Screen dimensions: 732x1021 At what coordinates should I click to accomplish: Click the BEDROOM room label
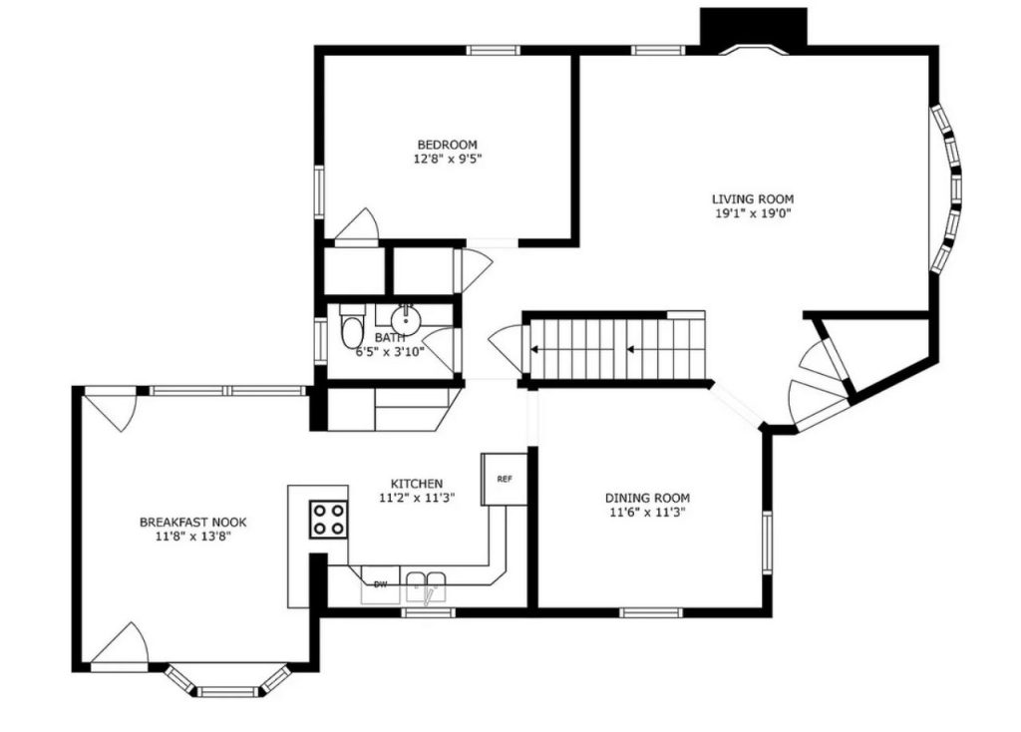click(446, 145)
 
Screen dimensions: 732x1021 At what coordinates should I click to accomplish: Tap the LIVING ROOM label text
click(752, 198)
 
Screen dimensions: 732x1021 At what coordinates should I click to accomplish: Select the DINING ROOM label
click(647, 498)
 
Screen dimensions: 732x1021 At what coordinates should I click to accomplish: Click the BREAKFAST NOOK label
click(192, 522)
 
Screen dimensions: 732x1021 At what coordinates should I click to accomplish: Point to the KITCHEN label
click(417, 484)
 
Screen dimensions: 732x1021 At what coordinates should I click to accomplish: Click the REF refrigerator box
click(505, 479)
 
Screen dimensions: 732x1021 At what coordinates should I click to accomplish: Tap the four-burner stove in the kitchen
click(328, 519)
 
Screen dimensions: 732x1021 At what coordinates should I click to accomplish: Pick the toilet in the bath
click(351, 327)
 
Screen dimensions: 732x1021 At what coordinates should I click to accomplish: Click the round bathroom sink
click(406, 320)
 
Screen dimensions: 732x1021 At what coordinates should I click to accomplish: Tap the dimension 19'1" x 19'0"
click(752, 212)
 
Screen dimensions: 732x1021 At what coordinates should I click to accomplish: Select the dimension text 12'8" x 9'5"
click(446, 159)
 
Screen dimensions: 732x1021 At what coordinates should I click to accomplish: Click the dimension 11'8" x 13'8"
click(192, 536)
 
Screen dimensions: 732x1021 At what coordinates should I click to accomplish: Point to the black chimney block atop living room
click(752, 27)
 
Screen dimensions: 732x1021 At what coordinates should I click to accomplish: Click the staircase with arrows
click(616, 349)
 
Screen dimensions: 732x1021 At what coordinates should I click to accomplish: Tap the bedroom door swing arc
click(358, 225)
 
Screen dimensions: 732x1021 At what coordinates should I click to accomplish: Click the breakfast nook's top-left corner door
click(111, 409)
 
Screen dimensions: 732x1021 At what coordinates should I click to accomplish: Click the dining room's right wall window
click(767, 545)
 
